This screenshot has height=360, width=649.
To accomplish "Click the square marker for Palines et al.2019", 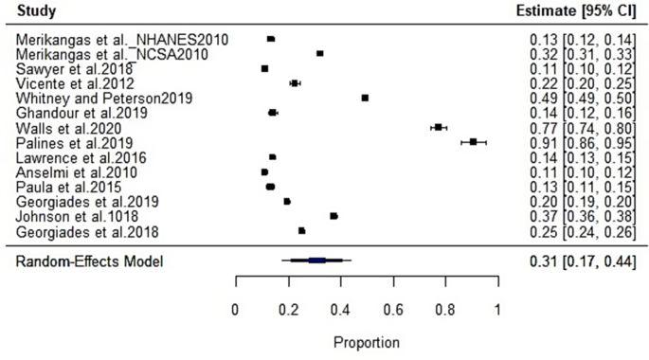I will [x=474, y=142].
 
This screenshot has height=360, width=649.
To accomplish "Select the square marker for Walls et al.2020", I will [x=438, y=127].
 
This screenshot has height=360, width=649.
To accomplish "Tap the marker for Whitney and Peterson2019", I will [x=365, y=98].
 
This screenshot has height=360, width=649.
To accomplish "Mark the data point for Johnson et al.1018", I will [x=334, y=216].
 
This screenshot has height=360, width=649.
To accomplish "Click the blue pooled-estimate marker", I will [x=316, y=260].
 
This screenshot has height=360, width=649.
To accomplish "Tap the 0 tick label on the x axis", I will [x=235, y=309].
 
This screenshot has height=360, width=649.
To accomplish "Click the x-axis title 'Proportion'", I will [x=367, y=342].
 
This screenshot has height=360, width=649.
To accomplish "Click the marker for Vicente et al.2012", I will [x=295, y=83].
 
